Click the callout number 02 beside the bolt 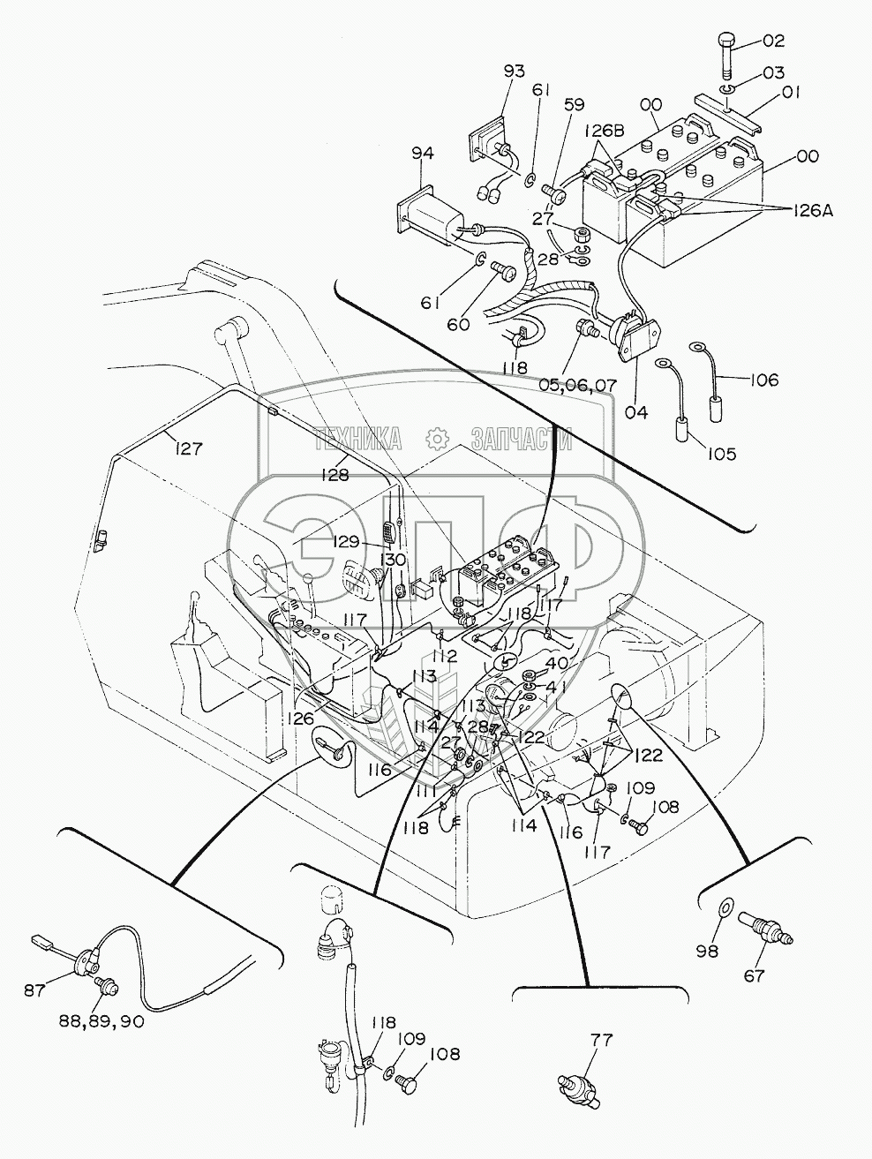pyautogui.click(x=748, y=41)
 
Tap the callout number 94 pyautogui.click(x=423, y=154)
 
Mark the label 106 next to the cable pyautogui.click(x=763, y=380)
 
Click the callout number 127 pyautogui.click(x=188, y=448)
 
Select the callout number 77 pyautogui.click(x=601, y=1040)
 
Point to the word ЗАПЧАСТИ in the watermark pyautogui.click(x=522, y=438)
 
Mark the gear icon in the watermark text pyautogui.click(x=437, y=438)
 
